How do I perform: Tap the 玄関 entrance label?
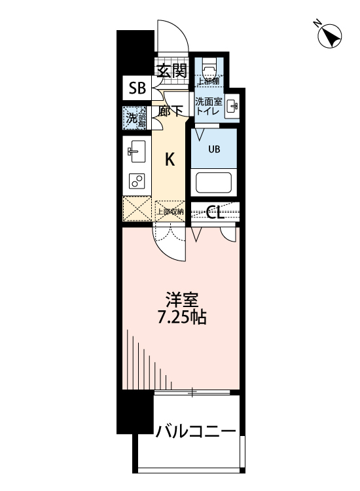[x=172, y=70]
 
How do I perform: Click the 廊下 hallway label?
[x=171, y=111]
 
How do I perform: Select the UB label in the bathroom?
[x=214, y=149]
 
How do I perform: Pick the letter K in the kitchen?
[x=170, y=159]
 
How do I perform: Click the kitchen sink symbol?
[x=137, y=153]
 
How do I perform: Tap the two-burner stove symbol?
[x=137, y=180]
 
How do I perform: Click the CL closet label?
[x=216, y=211]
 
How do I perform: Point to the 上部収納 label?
[x=170, y=211]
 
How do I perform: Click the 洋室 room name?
[x=182, y=300]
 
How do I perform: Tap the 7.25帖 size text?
[x=182, y=319]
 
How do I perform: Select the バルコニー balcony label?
[x=195, y=431]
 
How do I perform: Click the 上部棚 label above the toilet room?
[x=209, y=82]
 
